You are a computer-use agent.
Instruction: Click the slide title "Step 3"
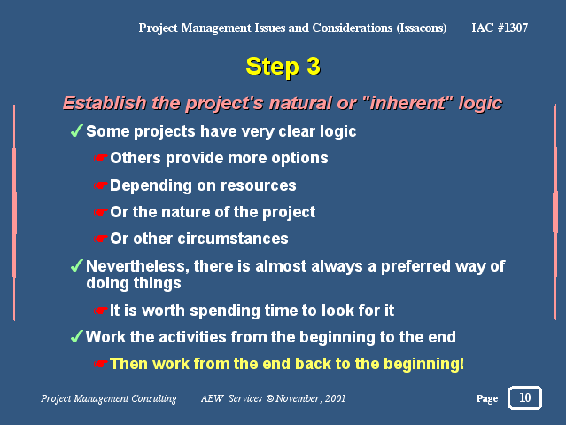(283, 67)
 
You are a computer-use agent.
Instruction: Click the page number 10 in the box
(525, 397)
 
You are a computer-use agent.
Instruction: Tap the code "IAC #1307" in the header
(500, 28)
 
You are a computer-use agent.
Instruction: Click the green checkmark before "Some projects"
(77, 130)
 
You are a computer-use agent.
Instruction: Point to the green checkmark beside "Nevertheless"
(77, 265)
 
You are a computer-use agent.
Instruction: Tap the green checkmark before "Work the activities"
(77, 336)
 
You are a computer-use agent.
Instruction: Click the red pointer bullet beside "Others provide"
(101, 158)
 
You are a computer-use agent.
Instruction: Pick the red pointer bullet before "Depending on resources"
(101, 185)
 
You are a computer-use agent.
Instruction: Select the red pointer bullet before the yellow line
(101, 364)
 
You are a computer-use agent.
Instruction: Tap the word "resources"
(259, 185)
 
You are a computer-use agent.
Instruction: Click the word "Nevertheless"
(137, 266)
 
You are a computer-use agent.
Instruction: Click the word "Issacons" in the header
(422, 28)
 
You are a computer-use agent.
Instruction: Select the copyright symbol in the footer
(270, 398)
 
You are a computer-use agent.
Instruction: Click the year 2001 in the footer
(335, 398)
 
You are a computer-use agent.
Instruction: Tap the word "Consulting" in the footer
(154, 398)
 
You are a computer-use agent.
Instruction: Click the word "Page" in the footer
(487, 398)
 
